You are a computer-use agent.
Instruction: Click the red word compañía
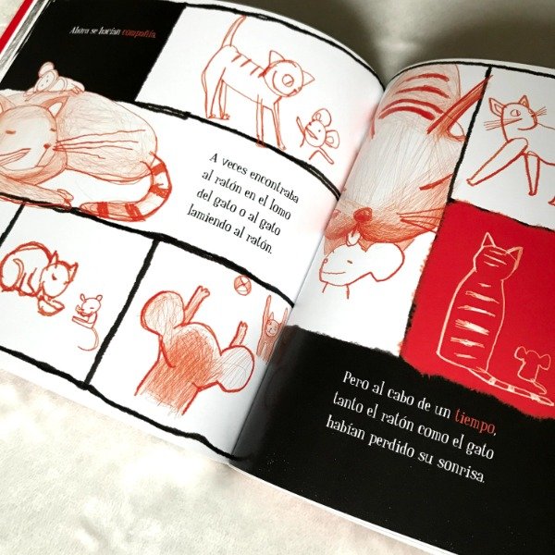pyautogui.click(x=139, y=33)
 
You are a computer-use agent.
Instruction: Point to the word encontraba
pyautogui.click(x=274, y=185)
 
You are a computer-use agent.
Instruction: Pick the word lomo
pyautogui.click(x=278, y=210)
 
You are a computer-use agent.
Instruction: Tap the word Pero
pyautogui.click(x=356, y=381)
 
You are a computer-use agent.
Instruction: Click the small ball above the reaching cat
pyautogui.click(x=242, y=285)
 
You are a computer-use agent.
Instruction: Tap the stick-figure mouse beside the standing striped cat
pyautogui.click(x=317, y=135)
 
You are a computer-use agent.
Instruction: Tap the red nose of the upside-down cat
pyautogui.click(x=362, y=215)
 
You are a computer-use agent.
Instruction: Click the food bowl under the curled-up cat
pyautogui.click(x=50, y=307)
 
